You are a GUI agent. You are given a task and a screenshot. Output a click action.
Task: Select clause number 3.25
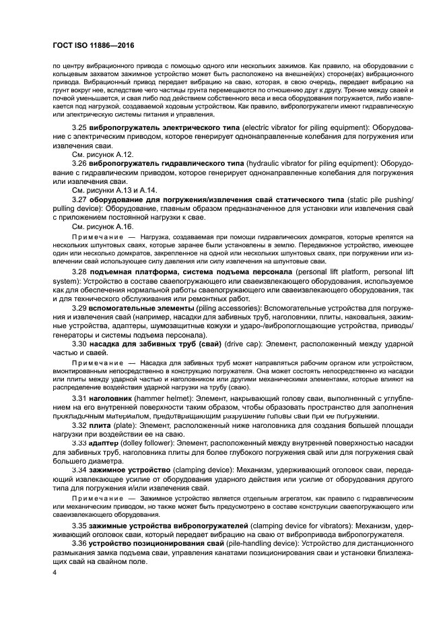click(x=80, y=127)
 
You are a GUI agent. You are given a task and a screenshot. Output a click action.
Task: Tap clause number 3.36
click(x=80, y=542)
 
